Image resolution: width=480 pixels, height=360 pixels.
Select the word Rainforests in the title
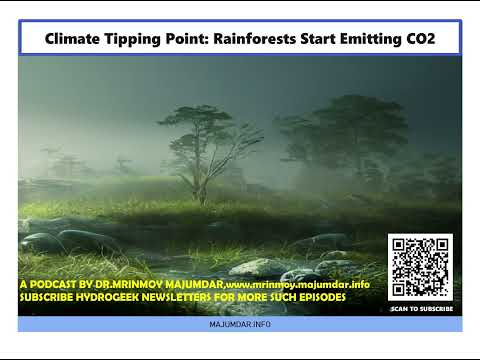tap(259, 39)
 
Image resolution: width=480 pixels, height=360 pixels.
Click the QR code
tap(420, 268)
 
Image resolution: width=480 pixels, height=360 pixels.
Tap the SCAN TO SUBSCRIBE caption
tap(421, 309)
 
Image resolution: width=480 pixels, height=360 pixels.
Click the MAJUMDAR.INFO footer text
tap(240, 325)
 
